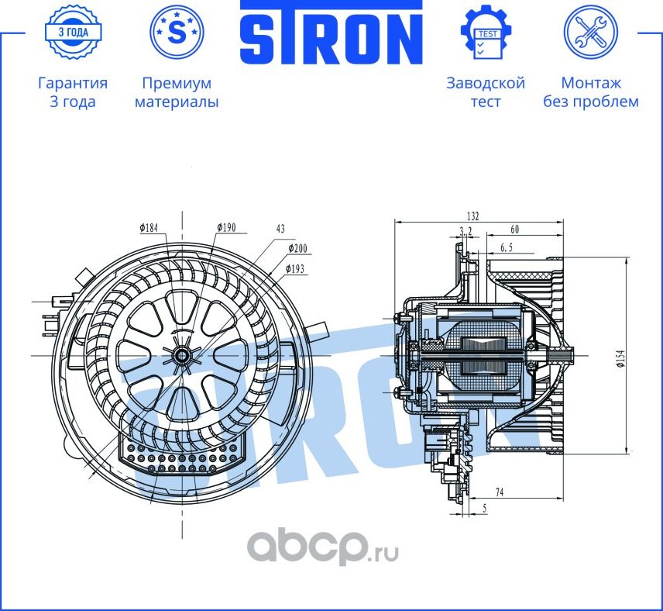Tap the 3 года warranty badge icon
pos(72,33)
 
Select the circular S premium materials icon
pos(177,33)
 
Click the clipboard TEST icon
pos(486,33)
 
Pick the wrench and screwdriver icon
pos(590,33)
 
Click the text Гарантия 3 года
pos(72,92)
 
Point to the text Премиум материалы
pos(177,92)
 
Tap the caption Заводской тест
pos(486,92)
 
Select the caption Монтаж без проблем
pos(590,92)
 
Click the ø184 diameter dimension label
pos(149,228)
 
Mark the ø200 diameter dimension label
pos(298,248)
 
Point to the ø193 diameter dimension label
pos(296,268)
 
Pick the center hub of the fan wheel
pos(183,354)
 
